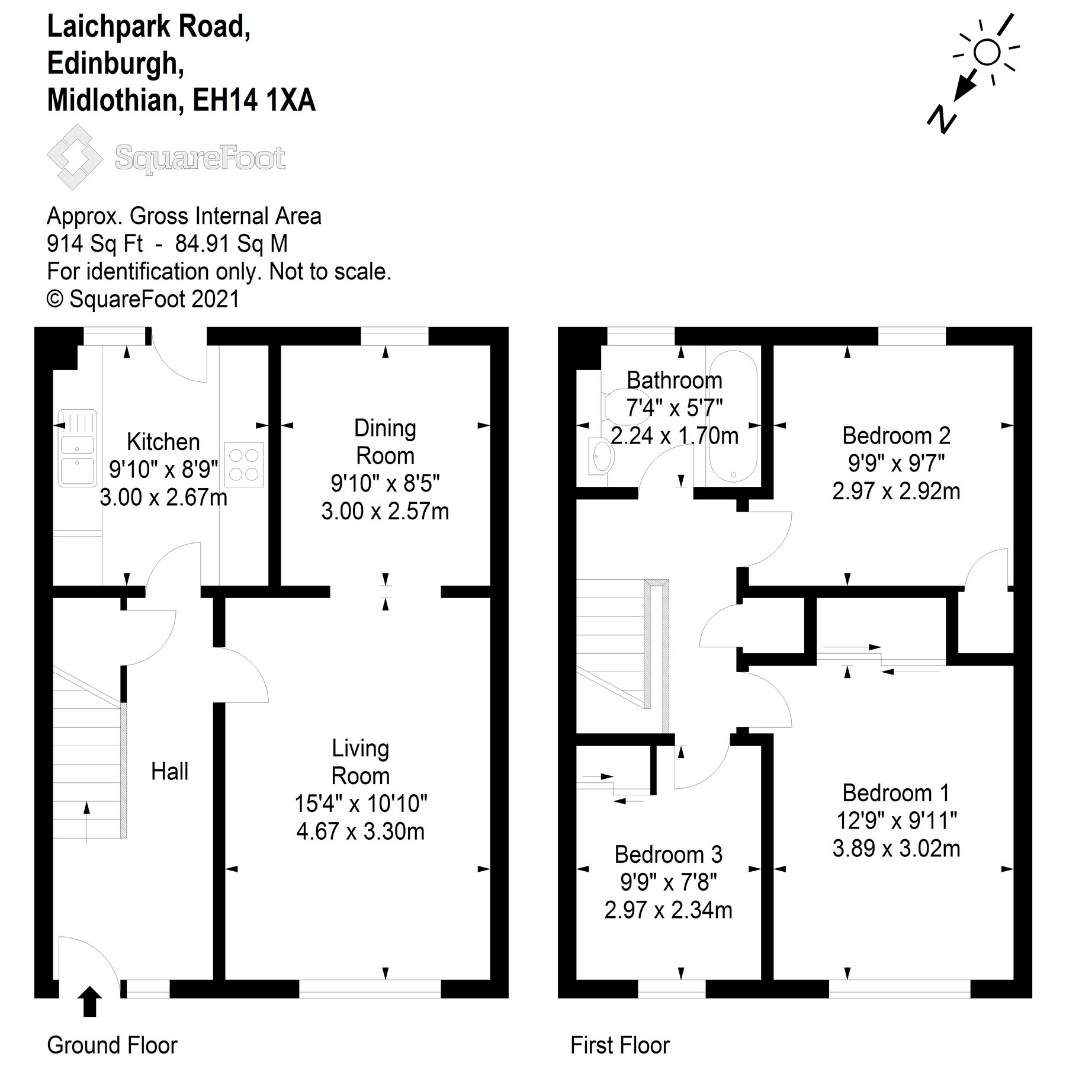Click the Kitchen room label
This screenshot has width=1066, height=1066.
coord(163,442)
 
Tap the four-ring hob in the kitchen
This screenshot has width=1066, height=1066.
coord(243,465)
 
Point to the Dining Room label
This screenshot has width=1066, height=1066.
coord(385,442)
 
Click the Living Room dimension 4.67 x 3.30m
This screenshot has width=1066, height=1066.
coord(360,831)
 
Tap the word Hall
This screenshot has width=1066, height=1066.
coord(169,772)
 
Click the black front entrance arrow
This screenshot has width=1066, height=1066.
coord(89,1000)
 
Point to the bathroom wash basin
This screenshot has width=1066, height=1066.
coord(601,455)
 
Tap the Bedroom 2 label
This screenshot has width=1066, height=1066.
coord(896,436)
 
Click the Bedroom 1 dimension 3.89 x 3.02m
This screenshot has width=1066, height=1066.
coord(896,849)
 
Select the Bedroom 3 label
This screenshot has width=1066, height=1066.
coord(668,855)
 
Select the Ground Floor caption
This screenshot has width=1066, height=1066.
coord(112,1045)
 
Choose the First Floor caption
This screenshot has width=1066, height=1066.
coord(619,1045)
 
